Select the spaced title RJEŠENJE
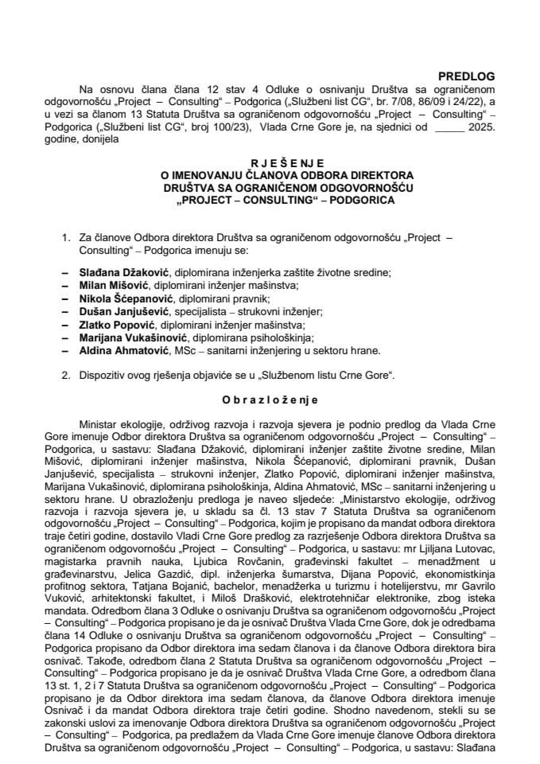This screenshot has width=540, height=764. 270,159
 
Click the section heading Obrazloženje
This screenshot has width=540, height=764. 270,400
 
